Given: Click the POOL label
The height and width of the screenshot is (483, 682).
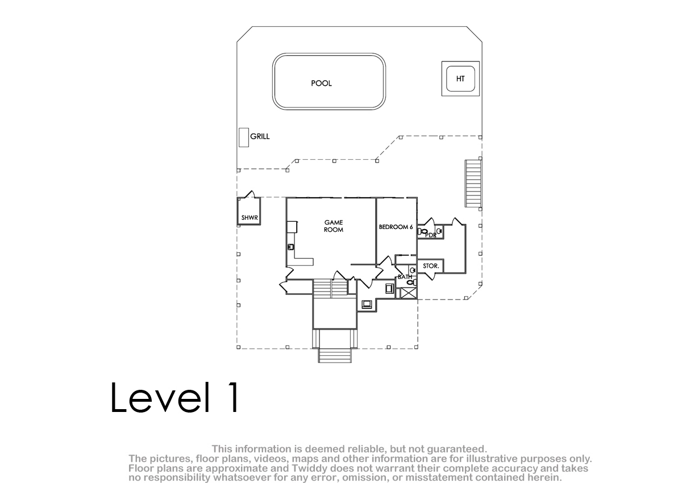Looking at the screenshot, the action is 321,83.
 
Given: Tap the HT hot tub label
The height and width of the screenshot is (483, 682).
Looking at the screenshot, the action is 460,79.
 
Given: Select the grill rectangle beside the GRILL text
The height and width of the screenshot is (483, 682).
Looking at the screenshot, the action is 244,138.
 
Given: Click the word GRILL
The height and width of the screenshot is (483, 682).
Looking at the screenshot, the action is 260,136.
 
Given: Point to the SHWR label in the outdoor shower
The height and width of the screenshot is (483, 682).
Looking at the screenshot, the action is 249,218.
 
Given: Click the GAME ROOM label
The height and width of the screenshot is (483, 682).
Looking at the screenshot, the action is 334,226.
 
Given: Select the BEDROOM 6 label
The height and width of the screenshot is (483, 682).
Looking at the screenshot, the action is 396,227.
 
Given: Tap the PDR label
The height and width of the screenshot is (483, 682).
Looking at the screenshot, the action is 431,235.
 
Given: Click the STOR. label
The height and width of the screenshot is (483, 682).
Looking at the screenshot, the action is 431,266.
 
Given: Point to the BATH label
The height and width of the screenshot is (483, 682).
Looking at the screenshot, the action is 405,277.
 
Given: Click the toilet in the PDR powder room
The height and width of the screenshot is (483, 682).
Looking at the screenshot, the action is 423,232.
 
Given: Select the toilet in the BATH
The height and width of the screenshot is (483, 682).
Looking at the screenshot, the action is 411,282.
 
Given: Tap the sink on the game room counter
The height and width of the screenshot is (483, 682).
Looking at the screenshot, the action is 291,247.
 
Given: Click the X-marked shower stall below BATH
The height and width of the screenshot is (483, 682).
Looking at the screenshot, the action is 407,293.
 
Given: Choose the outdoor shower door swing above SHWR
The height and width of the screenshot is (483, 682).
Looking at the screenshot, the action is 249,194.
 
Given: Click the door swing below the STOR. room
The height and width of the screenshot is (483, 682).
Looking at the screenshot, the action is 430,276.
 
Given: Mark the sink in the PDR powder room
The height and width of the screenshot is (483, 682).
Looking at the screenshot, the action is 439,231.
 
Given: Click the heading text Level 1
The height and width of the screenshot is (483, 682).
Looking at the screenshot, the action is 174,397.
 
